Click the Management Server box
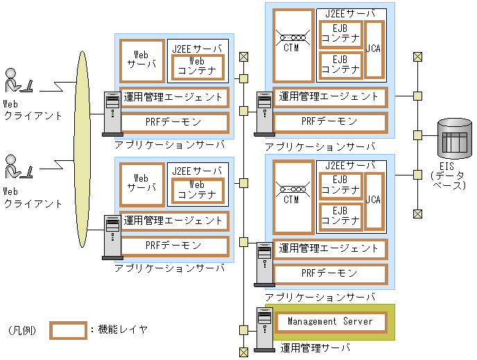click(x=330, y=322)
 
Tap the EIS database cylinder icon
click(x=455, y=139)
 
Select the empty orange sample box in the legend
click(x=68, y=330)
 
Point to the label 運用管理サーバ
click(x=315, y=347)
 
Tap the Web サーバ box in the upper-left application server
click(x=142, y=61)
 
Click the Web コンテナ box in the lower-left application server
click(x=198, y=189)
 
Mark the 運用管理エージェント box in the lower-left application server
click(x=174, y=221)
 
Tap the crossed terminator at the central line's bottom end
click(x=243, y=352)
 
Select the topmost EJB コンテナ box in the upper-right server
click(x=340, y=32)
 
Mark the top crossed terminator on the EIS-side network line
click(x=418, y=57)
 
